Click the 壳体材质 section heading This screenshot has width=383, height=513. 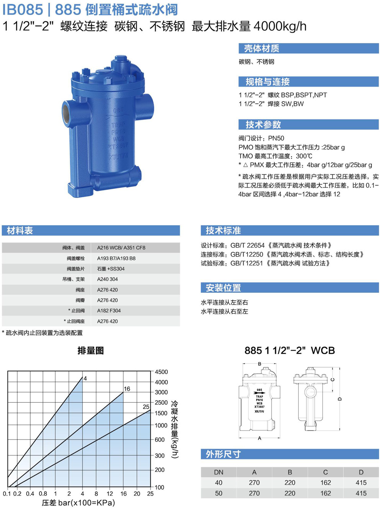[x=262, y=48]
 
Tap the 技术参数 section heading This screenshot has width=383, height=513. [x=263, y=125]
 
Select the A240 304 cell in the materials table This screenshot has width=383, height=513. [x=107, y=279]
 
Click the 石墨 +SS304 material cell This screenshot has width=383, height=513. [x=111, y=269]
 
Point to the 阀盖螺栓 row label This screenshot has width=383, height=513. [x=76, y=258]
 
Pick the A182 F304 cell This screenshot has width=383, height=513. [x=109, y=311]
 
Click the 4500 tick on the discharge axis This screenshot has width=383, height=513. [x=161, y=372]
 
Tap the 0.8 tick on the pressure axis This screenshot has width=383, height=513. [x=43, y=493]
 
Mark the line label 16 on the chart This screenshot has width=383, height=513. [x=127, y=389]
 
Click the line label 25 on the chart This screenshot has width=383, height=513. [x=146, y=407]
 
